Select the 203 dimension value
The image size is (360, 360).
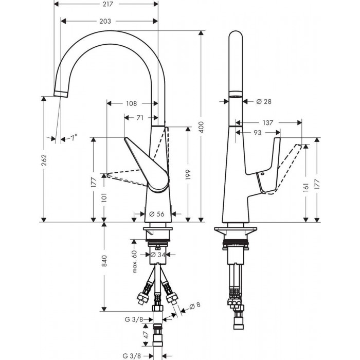point(105,21)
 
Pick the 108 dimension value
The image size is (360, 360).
point(131,103)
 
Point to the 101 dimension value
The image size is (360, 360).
point(105,197)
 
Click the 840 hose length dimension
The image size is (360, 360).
point(105,261)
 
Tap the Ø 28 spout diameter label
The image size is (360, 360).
point(263,101)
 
